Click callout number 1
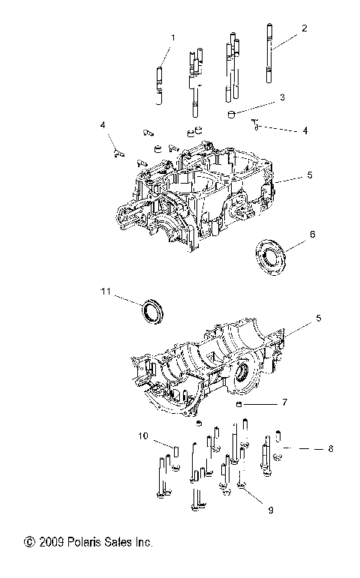click(172, 37)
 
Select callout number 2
click(304, 28)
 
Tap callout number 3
click(281, 97)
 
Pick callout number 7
click(284, 403)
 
